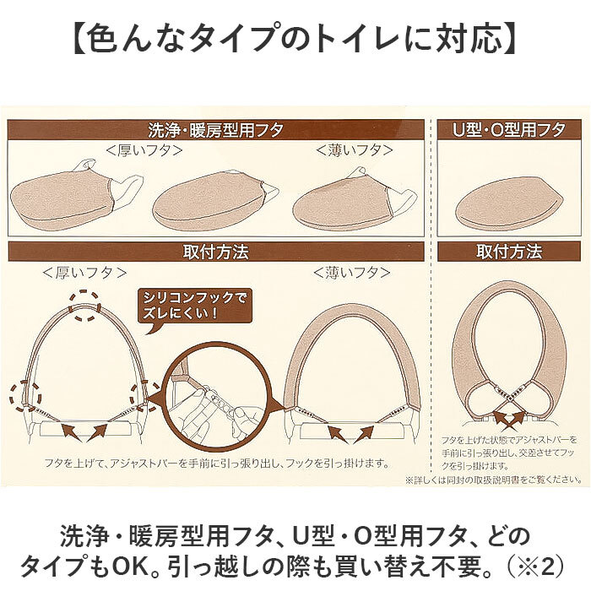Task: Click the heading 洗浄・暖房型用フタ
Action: [215, 130]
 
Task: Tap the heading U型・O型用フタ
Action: [508, 130]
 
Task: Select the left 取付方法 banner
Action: [216, 252]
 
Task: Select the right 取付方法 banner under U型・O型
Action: [509, 252]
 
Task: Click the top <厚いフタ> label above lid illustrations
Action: [144, 151]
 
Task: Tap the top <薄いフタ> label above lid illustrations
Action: [355, 151]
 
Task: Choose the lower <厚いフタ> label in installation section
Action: [84, 273]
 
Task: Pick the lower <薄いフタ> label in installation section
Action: [352, 273]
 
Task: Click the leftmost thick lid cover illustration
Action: [75, 196]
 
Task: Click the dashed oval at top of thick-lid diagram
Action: [84, 306]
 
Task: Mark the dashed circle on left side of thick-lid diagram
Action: [25, 397]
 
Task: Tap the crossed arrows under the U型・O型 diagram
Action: [509, 419]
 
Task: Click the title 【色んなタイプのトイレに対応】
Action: [295, 38]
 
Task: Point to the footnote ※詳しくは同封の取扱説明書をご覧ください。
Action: [493, 480]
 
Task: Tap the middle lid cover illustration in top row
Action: [215, 200]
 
